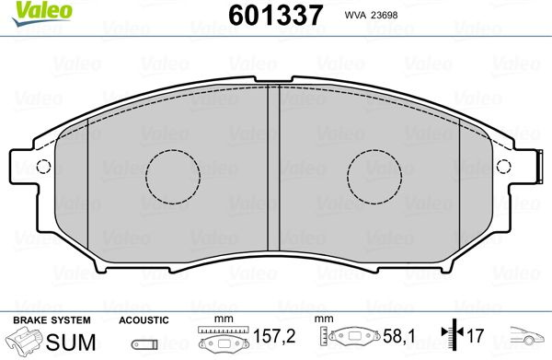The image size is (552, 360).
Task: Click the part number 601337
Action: coord(276,15)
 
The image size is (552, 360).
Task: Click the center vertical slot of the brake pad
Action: coord(273,168)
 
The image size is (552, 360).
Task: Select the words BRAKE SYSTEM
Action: coord(52,320)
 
